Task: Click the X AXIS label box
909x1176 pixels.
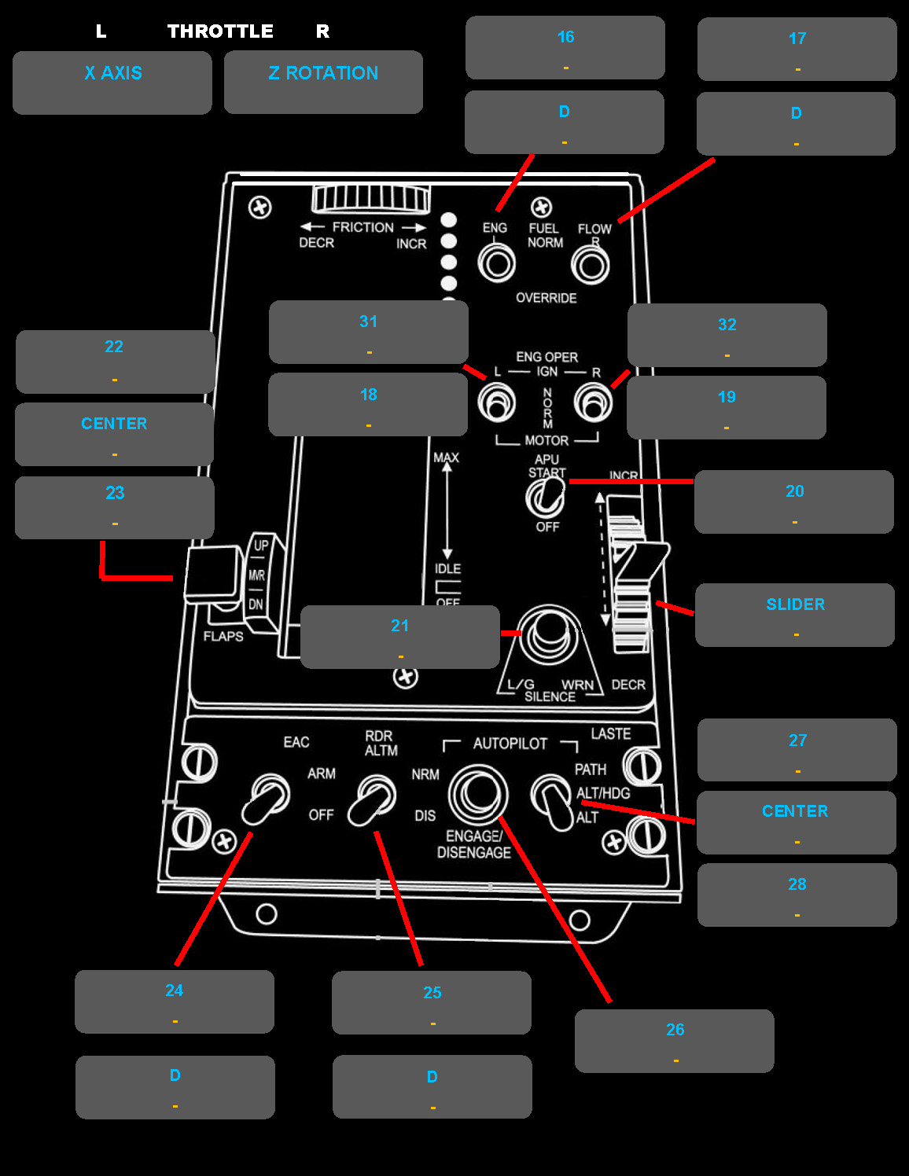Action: (112, 83)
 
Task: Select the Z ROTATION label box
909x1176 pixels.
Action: (323, 82)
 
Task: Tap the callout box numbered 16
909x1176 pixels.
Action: (565, 47)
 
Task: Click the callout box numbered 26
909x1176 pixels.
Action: (674, 1040)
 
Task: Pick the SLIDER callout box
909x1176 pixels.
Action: (794, 615)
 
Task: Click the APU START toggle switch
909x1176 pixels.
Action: (546, 497)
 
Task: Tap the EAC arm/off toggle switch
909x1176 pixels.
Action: (265, 799)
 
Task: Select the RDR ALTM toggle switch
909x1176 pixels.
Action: (372, 800)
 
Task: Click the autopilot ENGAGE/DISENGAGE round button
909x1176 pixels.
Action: (477, 794)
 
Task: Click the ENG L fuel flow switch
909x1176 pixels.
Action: (496, 263)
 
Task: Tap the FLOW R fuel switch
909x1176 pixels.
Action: (590, 266)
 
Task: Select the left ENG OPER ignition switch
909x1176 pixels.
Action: (496, 403)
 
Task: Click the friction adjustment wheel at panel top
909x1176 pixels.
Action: (371, 198)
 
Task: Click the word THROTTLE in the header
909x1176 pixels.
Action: (220, 31)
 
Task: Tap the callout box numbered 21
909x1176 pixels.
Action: (399, 637)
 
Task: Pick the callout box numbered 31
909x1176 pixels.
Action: (368, 332)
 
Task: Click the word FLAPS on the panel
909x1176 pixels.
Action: (223, 636)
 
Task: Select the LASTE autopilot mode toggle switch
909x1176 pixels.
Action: (554, 802)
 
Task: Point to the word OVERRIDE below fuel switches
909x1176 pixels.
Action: (546, 298)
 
